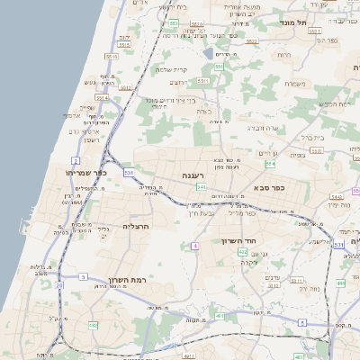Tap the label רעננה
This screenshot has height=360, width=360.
tap(193, 175)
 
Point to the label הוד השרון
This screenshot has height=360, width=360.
tap(238, 241)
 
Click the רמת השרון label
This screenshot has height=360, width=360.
tap(125, 281)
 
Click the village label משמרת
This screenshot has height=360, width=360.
tap(294, 84)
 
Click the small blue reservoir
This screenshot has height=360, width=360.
tap(208, 53)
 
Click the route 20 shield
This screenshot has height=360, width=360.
tap(60, 285)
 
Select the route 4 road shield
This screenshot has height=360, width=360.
tap(194, 245)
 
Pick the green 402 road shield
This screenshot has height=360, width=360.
tap(243, 253)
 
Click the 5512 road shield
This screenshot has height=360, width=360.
tap(125, 87)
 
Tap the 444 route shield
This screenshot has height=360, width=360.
tap(341, 283)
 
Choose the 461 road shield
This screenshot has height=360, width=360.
tap(220, 317)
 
